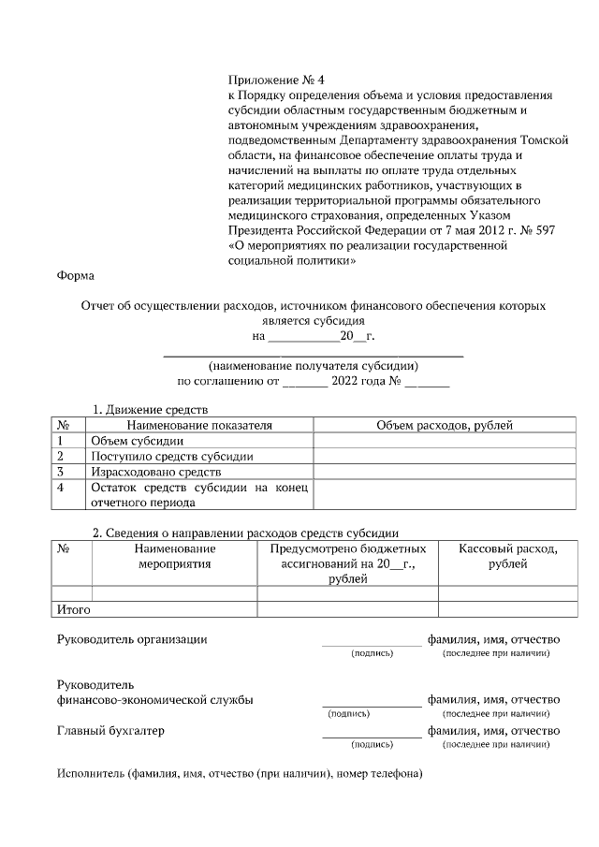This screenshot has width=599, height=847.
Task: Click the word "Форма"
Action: pos(76,276)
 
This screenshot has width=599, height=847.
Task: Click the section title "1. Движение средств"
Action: pos(150,410)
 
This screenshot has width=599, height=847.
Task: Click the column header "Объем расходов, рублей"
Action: pos(444,425)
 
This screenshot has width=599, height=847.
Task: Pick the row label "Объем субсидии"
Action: pos(137,441)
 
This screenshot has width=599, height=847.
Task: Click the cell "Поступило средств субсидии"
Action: pos(171,457)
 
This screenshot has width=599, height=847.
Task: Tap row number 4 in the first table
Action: pos(61,488)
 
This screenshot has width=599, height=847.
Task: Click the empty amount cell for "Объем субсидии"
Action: pos(444,441)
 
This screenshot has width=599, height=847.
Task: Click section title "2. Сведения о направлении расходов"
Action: pos(245,533)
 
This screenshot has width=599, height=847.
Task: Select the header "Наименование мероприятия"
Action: pos(174,556)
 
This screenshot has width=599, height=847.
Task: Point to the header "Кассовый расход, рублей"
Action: pos(508,556)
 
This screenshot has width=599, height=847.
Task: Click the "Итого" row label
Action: pos(74,609)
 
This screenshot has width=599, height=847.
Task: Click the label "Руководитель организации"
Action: pos(132,639)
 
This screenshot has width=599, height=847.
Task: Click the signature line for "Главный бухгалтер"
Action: pos(371,737)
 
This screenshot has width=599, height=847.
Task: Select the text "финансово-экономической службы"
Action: pos(154,699)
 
